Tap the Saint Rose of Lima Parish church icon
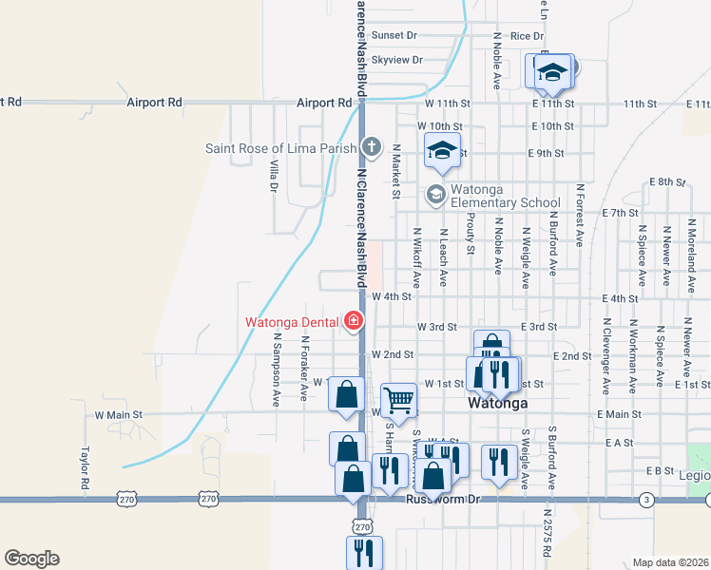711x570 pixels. point(371,147)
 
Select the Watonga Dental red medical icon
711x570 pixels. point(354,321)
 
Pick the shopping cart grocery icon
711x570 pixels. point(398,399)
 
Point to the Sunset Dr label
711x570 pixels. point(394,35)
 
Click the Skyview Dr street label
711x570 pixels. point(396,60)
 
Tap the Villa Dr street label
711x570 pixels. point(273,176)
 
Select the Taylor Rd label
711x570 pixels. point(85,468)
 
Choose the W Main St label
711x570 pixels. point(118,415)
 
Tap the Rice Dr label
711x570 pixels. point(526,36)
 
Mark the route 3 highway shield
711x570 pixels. point(646,499)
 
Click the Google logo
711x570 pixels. point(31,558)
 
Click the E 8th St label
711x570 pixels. point(667,181)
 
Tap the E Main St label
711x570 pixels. point(614,414)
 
